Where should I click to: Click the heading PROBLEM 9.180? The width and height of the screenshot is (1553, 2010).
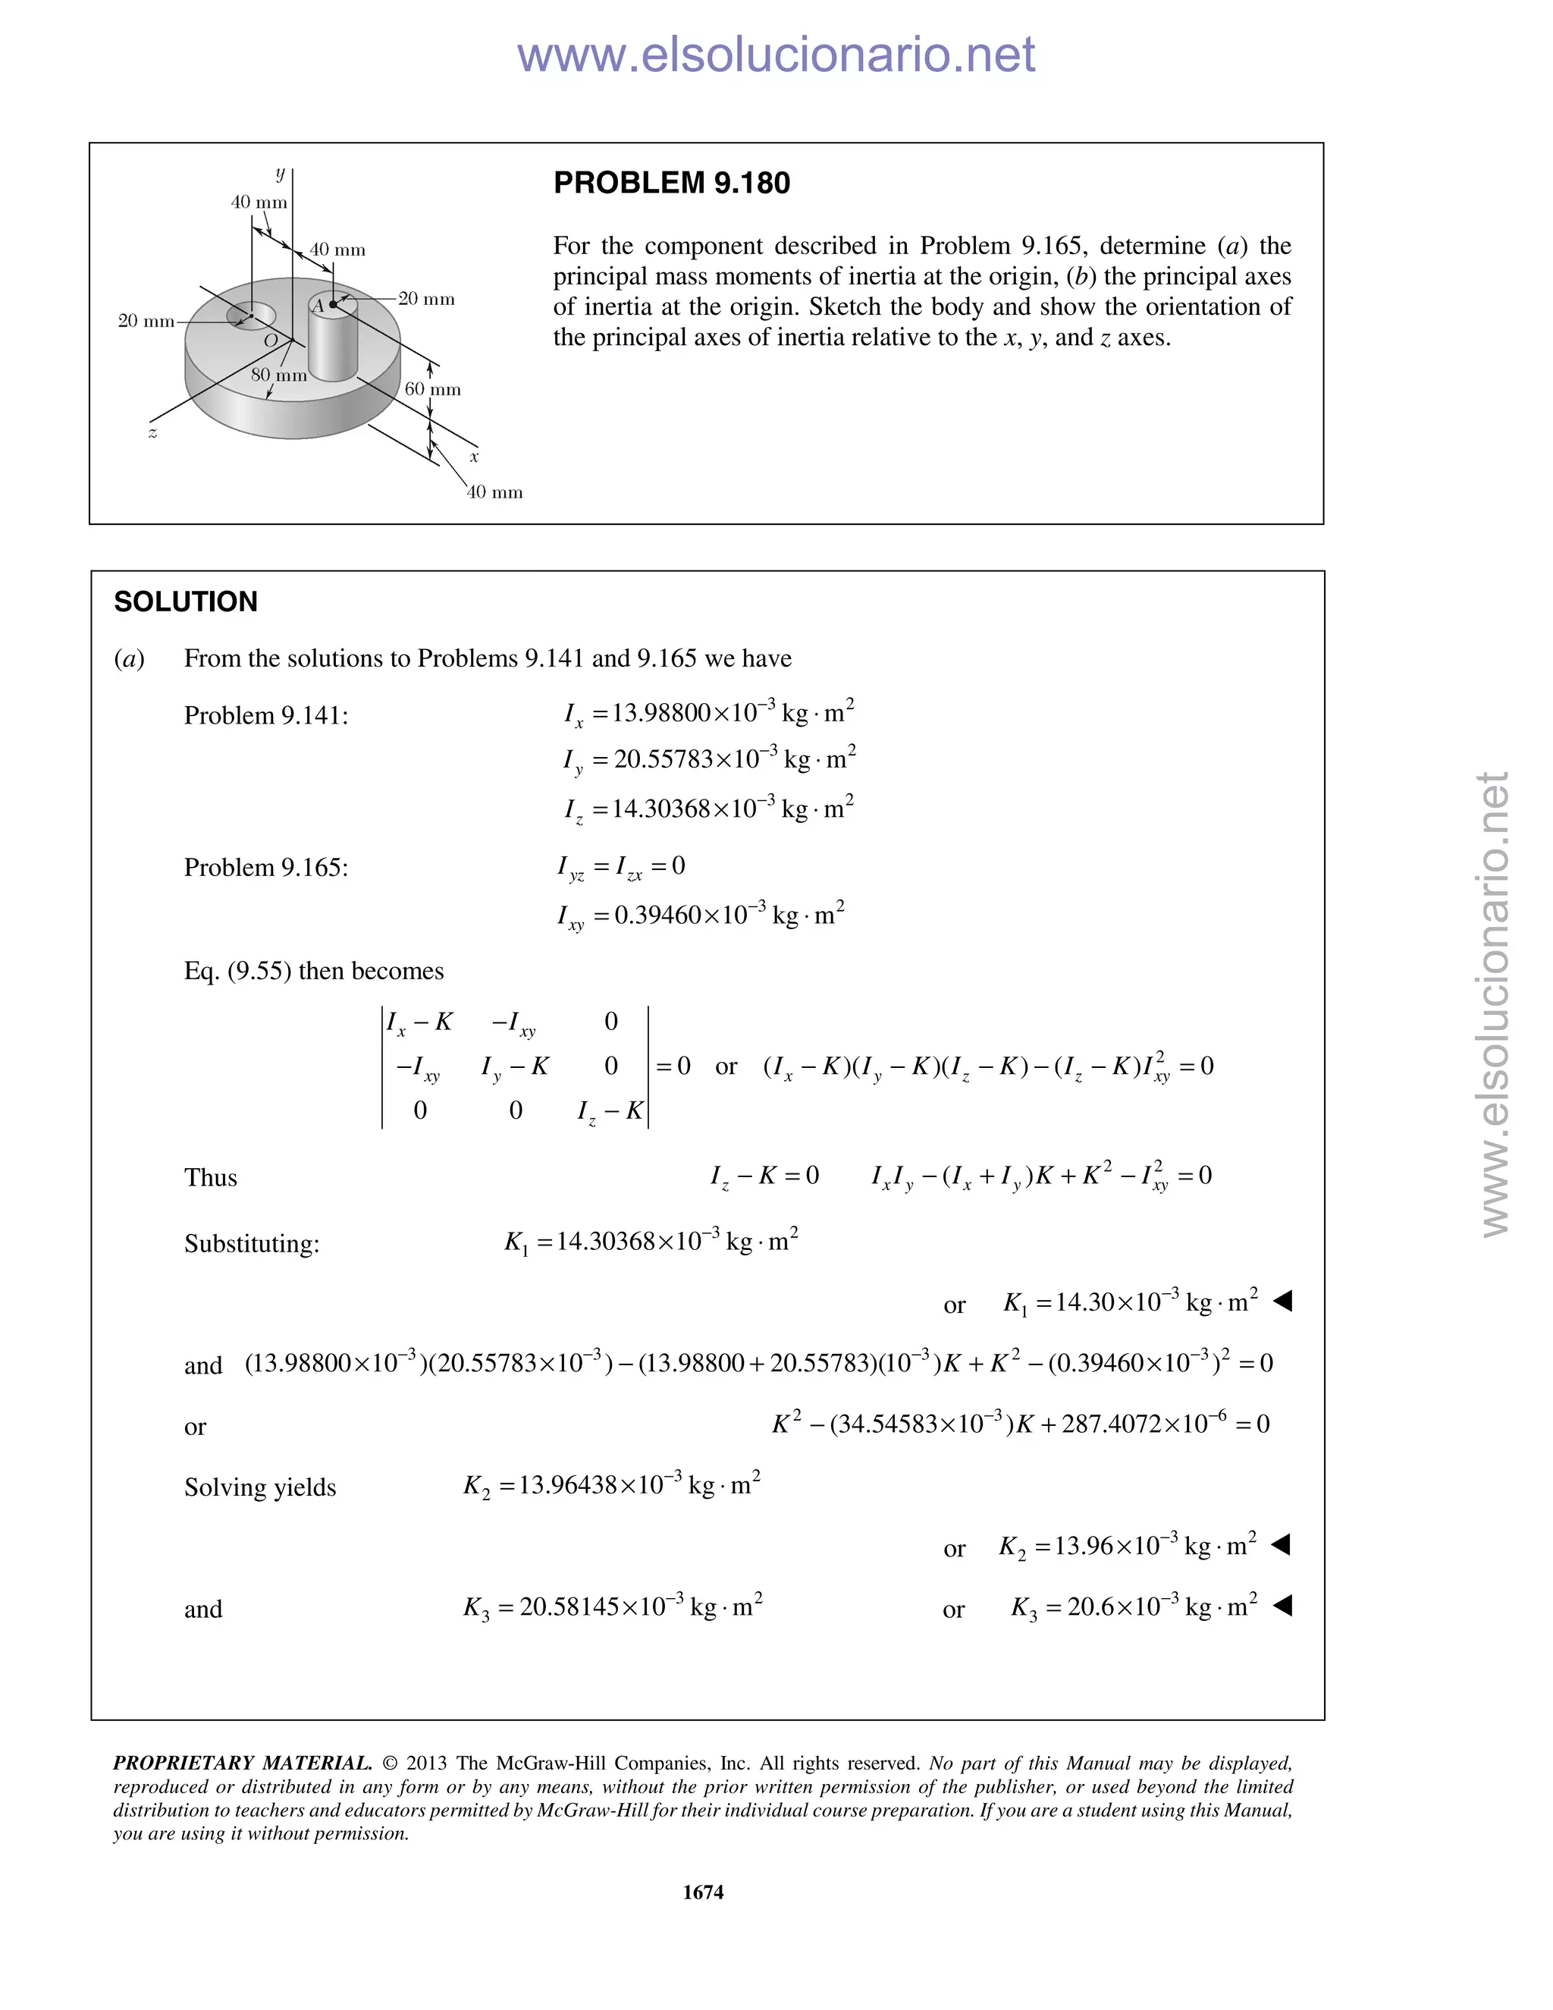pyautogui.click(x=672, y=183)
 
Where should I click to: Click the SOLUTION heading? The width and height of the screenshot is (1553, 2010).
pyautogui.click(x=186, y=602)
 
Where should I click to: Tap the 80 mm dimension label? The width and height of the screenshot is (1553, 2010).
pyautogui.click(x=279, y=375)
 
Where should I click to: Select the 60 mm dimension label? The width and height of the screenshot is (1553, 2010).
pyautogui.click(x=432, y=389)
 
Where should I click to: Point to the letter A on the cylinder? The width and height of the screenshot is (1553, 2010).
pyautogui.click(x=318, y=306)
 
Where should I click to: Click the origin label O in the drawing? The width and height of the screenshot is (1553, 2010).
pyautogui.click(x=271, y=341)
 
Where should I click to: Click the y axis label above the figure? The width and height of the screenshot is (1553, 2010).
pyautogui.click(x=280, y=172)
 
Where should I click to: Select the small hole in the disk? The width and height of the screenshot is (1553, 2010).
pyautogui.click(x=251, y=316)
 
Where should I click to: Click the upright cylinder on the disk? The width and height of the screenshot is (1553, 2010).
pyautogui.click(x=332, y=341)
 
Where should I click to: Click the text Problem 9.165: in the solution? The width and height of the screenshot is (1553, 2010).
pyautogui.click(x=266, y=868)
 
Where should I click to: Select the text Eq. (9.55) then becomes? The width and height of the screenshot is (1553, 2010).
pyautogui.click(x=314, y=971)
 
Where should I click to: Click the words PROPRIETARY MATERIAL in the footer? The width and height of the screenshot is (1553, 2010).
pyautogui.click(x=242, y=1763)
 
